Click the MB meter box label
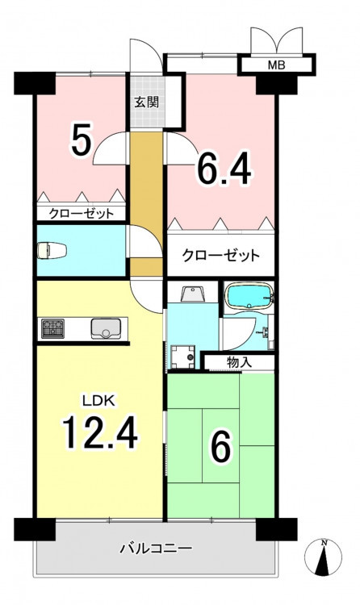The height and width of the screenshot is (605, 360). (276, 65)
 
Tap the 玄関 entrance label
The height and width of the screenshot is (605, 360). (147, 102)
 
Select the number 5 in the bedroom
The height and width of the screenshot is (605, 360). (82, 142)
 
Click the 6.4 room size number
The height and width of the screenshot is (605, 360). (224, 169)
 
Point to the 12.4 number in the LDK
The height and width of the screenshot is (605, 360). (99, 432)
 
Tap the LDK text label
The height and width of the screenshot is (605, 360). (98, 401)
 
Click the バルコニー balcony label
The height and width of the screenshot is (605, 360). (155, 549)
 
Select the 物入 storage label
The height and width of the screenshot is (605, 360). (240, 362)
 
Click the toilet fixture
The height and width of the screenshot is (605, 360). (52, 250)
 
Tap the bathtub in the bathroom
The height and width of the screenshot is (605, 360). (249, 296)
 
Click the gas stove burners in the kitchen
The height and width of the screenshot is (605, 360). (53, 329)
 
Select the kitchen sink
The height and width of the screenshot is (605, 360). (106, 329)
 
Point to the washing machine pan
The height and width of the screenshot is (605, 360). (182, 357)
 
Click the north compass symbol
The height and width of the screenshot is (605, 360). (323, 557)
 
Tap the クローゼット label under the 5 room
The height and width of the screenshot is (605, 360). (81, 214)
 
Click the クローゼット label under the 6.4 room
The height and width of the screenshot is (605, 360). (220, 256)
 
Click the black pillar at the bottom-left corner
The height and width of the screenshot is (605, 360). (36, 529)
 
